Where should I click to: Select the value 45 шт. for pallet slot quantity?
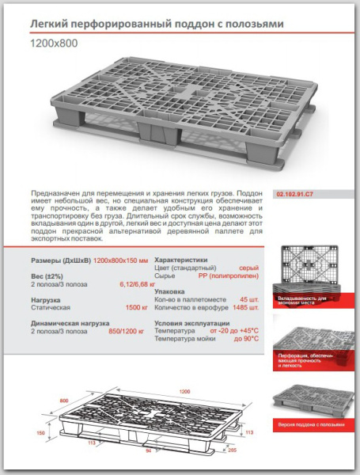coord(249,299)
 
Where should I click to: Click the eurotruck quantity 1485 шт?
coord(245,307)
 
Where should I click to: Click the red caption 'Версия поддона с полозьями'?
coord(312,424)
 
